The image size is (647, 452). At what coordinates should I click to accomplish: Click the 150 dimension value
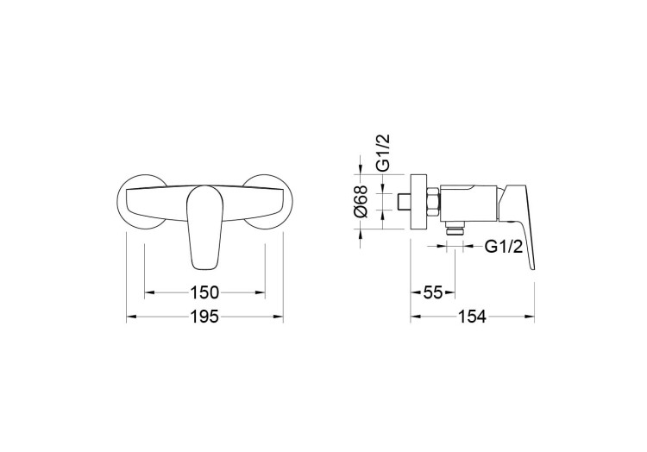[204, 292]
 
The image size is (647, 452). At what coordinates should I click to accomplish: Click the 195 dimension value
[204, 317]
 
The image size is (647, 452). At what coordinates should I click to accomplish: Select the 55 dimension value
[433, 292]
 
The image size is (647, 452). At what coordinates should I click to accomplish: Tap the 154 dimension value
[472, 317]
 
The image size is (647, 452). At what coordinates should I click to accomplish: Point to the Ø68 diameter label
[361, 201]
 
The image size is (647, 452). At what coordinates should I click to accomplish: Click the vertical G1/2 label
[383, 153]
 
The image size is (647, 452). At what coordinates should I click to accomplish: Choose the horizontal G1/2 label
[504, 247]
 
